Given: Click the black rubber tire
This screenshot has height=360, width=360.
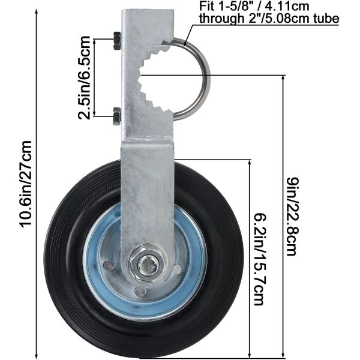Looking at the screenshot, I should [72, 264].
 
